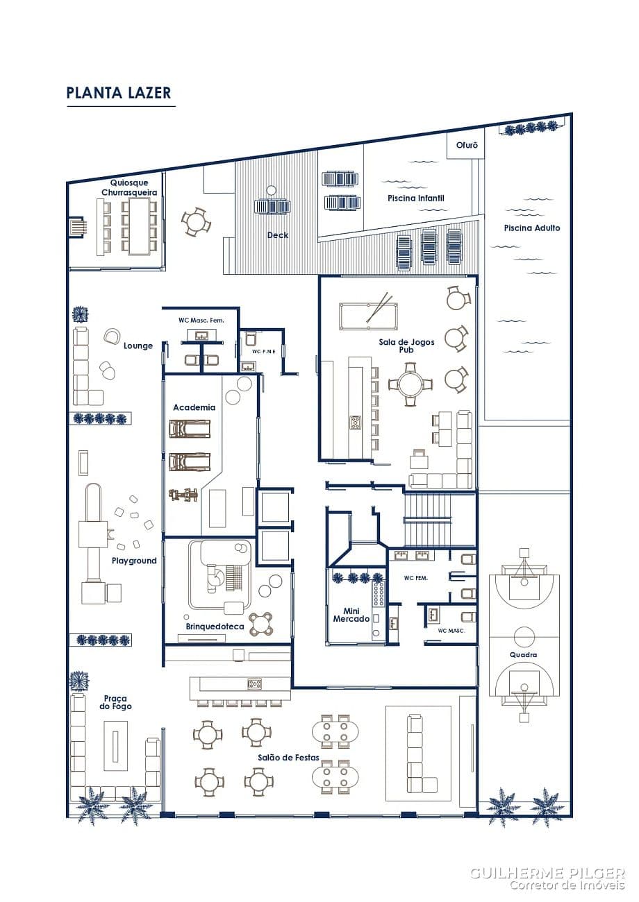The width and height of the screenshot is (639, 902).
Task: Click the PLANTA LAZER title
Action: click(x=119, y=92)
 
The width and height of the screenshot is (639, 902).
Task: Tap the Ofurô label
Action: click(x=467, y=145)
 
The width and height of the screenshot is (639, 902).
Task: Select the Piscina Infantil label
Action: click(x=415, y=198)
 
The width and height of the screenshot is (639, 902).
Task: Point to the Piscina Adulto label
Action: click(x=532, y=228)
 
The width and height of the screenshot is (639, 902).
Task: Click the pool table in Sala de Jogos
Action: click(x=368, y=316)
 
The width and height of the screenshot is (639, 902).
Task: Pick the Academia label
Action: click(x=194, y=407)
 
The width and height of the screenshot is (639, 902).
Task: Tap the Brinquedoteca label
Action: click(x=215, y=627)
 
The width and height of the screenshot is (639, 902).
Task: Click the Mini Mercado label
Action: click(x=351, y=615)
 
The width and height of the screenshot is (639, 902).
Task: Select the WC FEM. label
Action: click(x=415, y=578)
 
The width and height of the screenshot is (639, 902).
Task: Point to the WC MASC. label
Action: click(x=451, y=631)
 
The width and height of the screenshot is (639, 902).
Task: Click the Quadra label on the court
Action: click(x=523, y=655)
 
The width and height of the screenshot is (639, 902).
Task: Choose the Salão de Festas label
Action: click(x=288, y=758)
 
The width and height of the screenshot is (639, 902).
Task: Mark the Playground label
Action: click(x=134, y=561)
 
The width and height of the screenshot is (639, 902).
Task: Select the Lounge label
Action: click(x=138, y=346)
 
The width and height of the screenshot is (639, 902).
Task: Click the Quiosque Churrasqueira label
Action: click(x=129, y=187)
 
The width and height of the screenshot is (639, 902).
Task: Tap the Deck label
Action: click(x=278, y=235)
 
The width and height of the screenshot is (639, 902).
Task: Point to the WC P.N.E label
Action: click(x=264, y=351)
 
